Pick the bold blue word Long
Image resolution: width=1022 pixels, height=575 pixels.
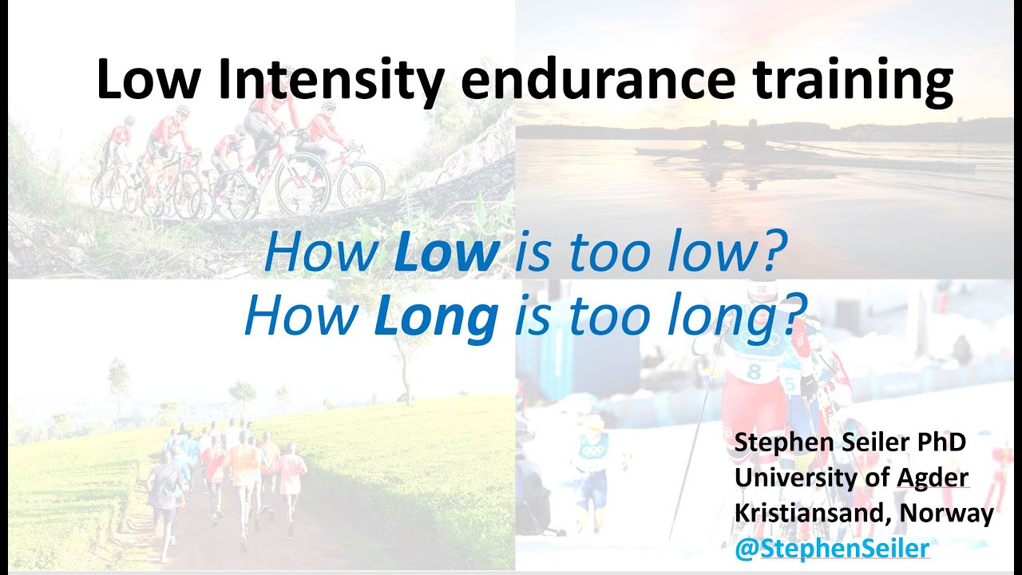[x=436, y=318]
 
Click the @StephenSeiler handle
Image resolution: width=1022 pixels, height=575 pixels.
[x=832, y=548]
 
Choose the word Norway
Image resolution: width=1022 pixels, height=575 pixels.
[x=947, y=515]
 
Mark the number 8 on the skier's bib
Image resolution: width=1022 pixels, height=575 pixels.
[x=755, y=372]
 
